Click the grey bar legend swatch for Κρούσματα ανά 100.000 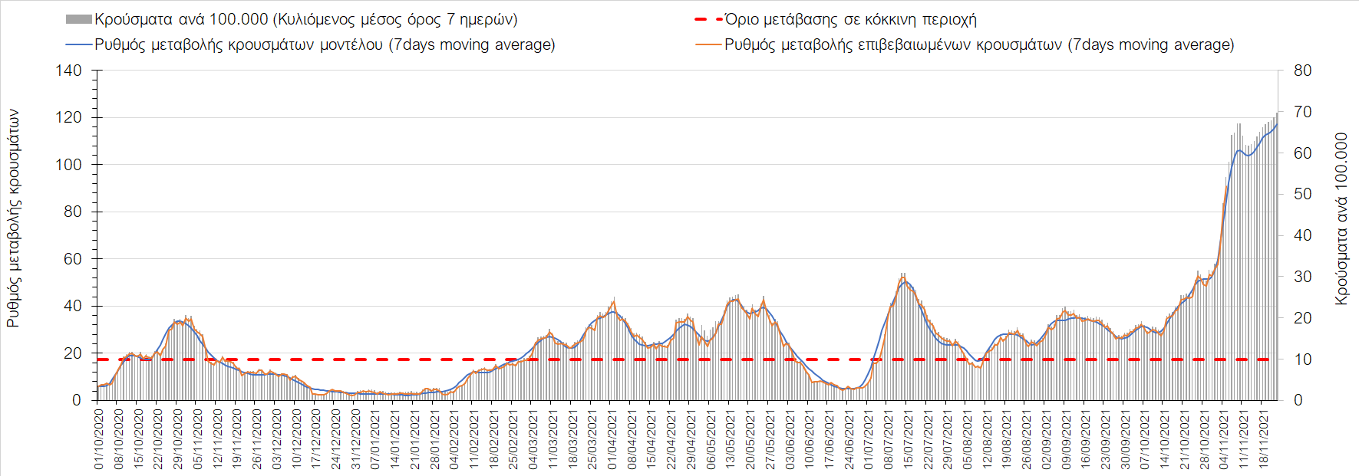tap(79, 19)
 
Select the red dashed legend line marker tap(708, 19)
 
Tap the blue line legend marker tap(79, 44)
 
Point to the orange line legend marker tap(708, 44)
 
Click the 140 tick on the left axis tap(68, 71)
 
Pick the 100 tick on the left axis tap(68, 165)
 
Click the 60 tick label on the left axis tap(72, 259)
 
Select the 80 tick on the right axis tap(1302, 71)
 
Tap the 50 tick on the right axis tap(1302, 194)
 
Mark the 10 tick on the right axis tap(1302, 359)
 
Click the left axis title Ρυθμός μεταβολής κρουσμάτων tap(13, 218)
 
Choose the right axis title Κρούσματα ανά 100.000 tap(1341, 218)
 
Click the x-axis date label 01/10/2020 tap(99, 438)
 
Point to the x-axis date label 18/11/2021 tap(1262, 438)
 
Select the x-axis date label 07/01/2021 tap(375, 438)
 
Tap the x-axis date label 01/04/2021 tap(612, 438)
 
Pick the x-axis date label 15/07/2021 tap(908, 438)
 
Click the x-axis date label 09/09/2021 tap(1066, 438)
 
